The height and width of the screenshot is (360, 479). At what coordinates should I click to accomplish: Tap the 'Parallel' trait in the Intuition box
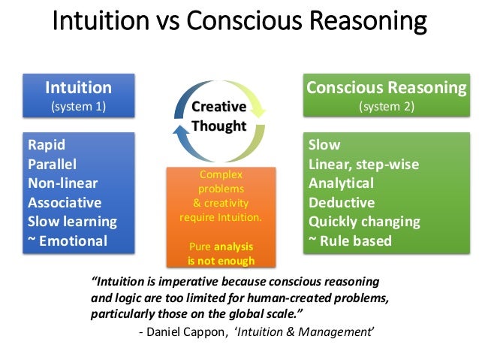coord(53,164)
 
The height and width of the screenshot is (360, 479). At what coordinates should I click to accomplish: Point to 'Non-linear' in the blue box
coord(62,183)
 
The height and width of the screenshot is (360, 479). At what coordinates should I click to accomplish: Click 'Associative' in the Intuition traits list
coord(64,202)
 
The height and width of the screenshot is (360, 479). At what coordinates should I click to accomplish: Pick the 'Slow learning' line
coord(72,222)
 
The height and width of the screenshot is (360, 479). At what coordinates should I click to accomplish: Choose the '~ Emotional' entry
coord(68,241)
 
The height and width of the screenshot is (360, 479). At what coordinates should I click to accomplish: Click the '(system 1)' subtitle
coord(78,106)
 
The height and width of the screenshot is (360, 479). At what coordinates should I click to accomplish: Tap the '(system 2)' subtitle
coord(386,106)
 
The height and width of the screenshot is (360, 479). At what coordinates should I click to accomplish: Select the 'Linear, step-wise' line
coord(363,164)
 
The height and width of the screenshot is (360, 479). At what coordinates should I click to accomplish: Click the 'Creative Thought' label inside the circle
coord(218,116)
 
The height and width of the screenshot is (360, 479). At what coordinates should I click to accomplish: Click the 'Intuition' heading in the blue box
coord(79,87)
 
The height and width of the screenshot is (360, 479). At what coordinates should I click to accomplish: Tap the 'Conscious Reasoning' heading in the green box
coord(386,87)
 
